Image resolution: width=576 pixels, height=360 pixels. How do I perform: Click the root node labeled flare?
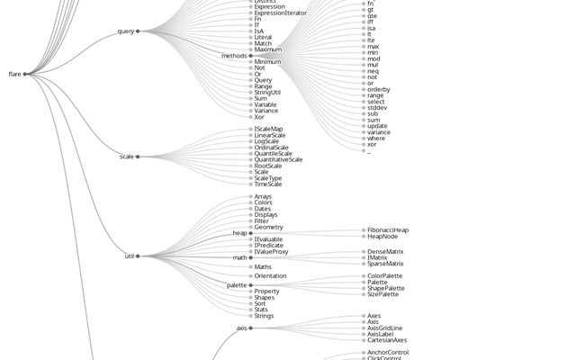coord(14,74)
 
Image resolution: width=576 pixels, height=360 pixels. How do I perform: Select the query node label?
coord(125,31)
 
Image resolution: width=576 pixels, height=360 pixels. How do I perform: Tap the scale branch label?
coord(126,157)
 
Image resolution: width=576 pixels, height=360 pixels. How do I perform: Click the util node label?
coord(130,256)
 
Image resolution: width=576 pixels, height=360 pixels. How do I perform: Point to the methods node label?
coord(234,56)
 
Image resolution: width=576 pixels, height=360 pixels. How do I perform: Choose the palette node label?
coord(236,285)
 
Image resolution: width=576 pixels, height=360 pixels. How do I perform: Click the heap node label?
coord(239,233)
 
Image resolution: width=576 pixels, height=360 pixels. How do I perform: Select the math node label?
coord(239,257)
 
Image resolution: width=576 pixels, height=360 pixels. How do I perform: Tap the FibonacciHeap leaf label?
coord(387,230)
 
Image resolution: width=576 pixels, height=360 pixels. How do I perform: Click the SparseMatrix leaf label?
coord(385,264)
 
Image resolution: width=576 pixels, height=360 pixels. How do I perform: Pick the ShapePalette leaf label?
coord(385,288)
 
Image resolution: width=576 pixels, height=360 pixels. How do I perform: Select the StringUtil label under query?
coord(274,92)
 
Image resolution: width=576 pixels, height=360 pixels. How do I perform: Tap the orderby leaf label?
coord(378,89)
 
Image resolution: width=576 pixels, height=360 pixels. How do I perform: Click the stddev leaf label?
coord(377,107)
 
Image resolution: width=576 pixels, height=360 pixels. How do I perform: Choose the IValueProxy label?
coord(271,251)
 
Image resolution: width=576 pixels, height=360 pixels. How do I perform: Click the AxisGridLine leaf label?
coord(384,328)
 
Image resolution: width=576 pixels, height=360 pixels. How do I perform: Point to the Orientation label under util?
coord(270,275)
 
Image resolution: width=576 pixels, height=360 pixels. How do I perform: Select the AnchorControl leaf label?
coord(388,352)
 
